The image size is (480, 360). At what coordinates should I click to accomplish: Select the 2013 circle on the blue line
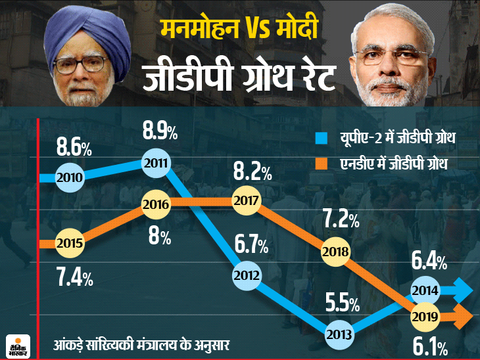[342, 332]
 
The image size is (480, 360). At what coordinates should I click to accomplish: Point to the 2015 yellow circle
[69, 243]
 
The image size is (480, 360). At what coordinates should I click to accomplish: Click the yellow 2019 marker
[425, 317]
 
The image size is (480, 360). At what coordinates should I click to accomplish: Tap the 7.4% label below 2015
[74, 277]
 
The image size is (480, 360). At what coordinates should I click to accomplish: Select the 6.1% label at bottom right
[432, 346]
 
